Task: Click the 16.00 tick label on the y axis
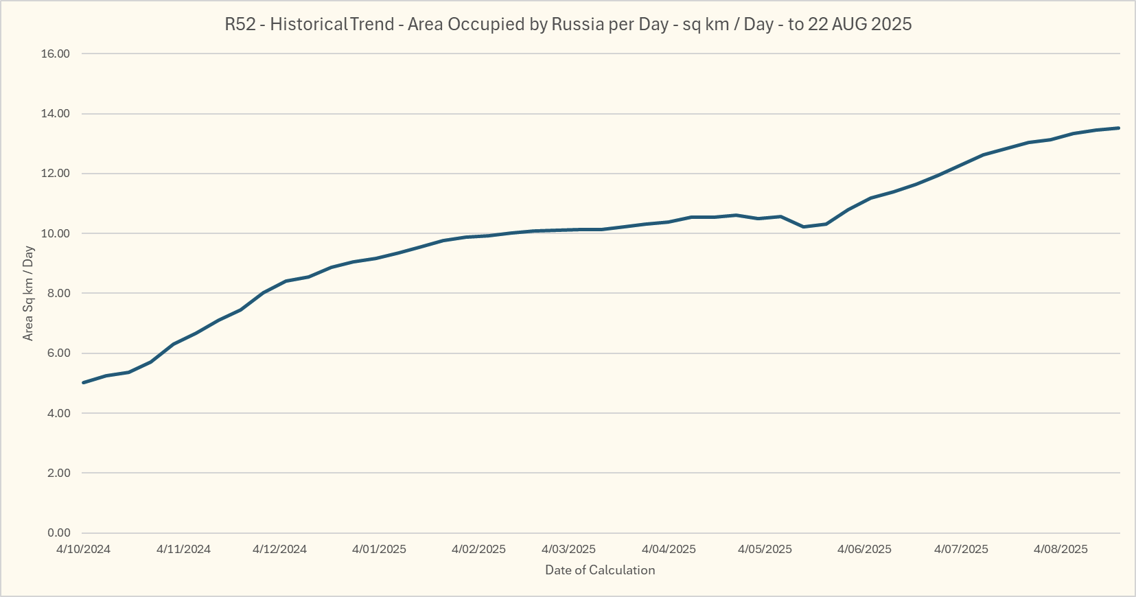56,54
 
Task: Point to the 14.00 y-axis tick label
56,114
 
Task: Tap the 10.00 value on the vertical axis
56,233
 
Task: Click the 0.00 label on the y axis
58,533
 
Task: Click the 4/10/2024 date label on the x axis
83,549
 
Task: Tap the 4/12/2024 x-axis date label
279,549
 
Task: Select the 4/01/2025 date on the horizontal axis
379,549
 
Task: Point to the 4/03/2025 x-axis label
568,549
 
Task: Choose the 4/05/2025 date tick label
765,549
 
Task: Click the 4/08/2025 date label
1060,549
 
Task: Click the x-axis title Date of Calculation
600,570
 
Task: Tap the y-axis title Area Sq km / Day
28,293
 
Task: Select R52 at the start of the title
240,25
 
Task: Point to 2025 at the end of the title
892,25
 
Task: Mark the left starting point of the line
83,382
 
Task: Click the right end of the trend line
1119,128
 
